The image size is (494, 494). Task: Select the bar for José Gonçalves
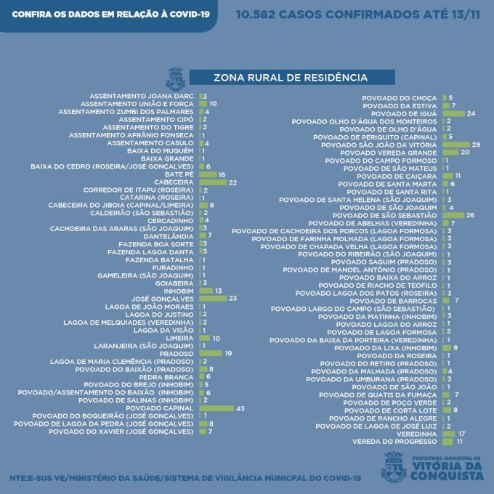(212, 299)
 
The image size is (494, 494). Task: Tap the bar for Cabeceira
(212, 182)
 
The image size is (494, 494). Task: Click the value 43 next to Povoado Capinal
(240, 408)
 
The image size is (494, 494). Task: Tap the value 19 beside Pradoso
(228, 353)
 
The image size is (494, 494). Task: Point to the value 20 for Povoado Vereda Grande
(465, 153)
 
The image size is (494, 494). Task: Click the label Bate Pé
(179, 174)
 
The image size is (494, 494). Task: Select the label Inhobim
(178, 291)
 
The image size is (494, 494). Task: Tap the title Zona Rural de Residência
(291, 77)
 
